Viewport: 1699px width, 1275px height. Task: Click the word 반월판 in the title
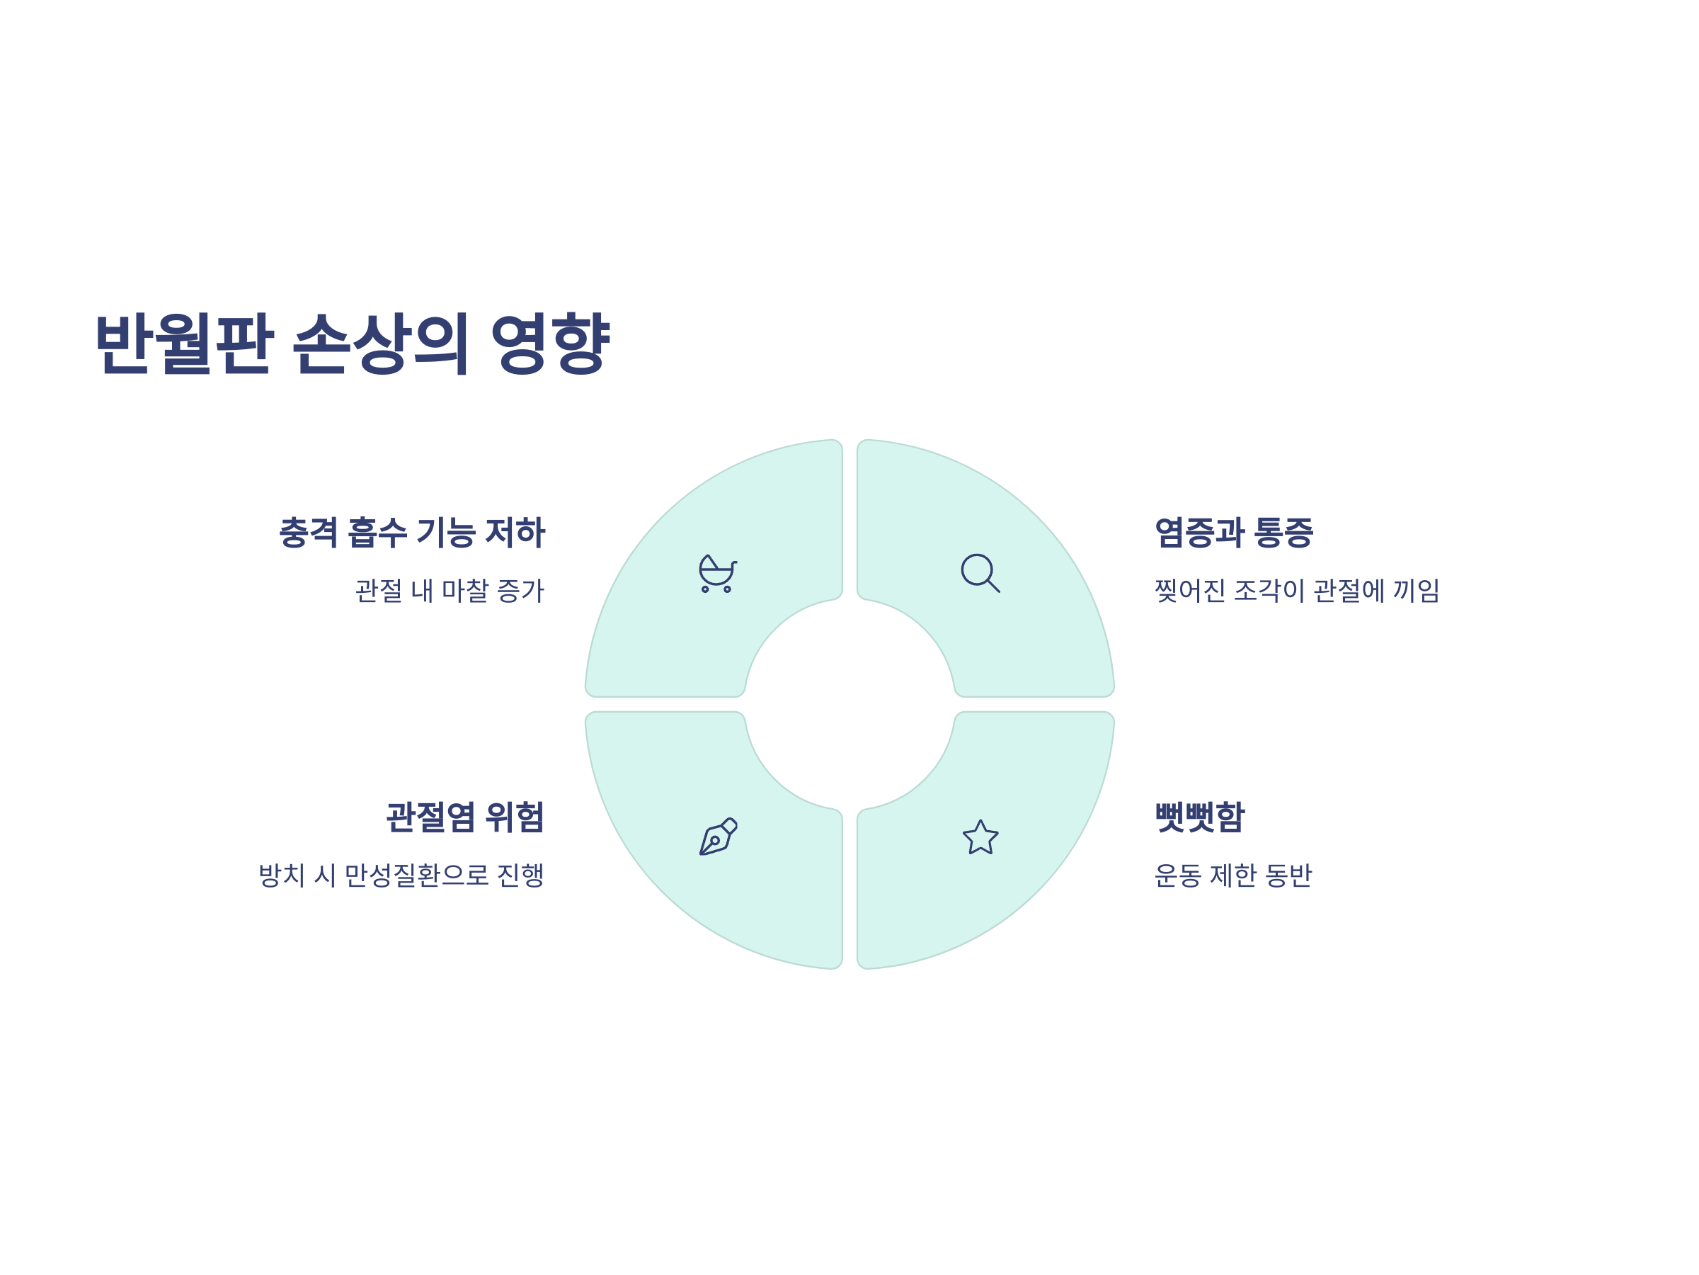point(183,344)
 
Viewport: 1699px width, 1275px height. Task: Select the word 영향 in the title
point(550,344)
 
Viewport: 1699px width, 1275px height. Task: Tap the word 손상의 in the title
point(380,344)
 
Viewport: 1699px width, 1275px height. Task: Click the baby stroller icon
point(717,573)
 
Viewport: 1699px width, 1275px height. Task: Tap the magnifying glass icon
point(980,573)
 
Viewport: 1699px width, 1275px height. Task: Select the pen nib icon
point(718,837)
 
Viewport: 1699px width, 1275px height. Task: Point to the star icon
point(981,837)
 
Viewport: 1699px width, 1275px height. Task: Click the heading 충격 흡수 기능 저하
point(412,533)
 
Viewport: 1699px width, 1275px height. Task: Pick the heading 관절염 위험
point(464,817)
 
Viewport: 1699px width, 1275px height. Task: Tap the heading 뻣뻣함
point(1200,817)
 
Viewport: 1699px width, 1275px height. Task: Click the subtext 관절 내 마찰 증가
point(450,591)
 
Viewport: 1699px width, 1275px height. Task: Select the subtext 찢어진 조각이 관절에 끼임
point(1296,591)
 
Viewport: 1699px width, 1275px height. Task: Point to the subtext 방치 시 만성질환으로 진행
point(401,875)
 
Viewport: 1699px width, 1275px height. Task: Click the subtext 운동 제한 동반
point(1232,875)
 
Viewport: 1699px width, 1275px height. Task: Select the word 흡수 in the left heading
point(377,533)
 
